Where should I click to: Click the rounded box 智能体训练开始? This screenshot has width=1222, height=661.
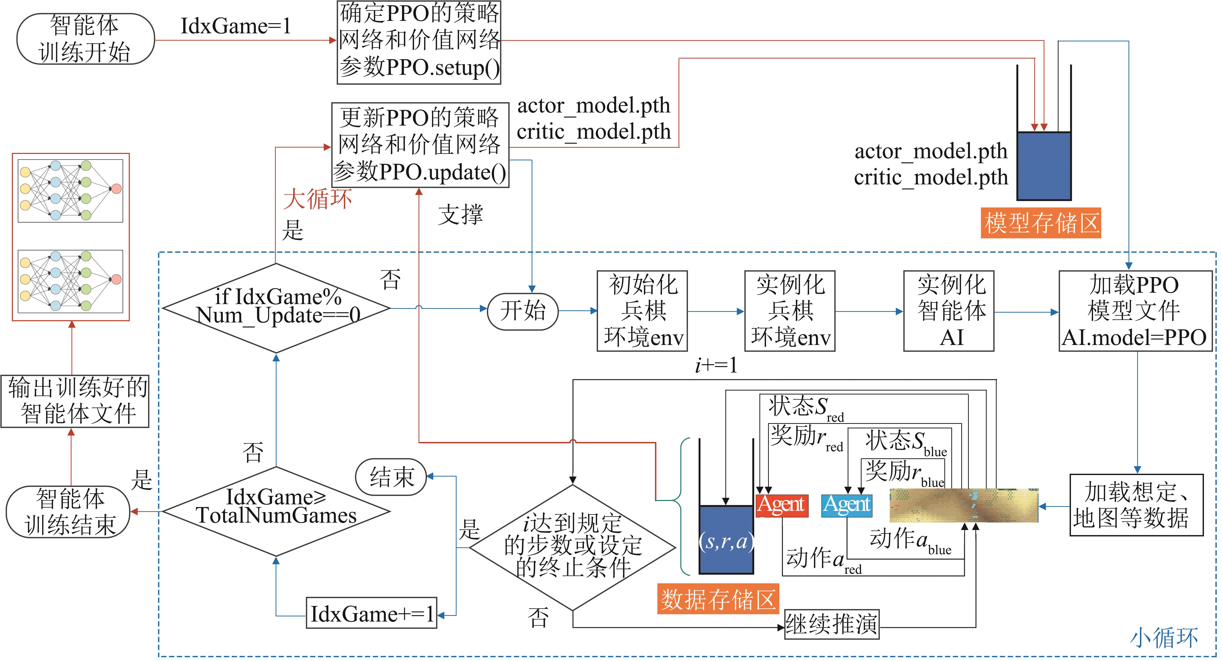pos(85,39)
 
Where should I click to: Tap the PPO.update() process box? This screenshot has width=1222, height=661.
pos(420,145)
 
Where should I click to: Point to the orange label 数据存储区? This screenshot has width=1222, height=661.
pos(718,599)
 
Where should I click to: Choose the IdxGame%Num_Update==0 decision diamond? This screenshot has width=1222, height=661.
pos(276,308)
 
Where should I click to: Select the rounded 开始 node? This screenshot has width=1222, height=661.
pos(523,311)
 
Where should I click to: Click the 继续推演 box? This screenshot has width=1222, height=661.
pos(832,624)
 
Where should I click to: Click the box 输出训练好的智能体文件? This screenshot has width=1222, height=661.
pos(75,401)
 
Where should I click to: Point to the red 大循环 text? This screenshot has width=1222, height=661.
pos(317,198)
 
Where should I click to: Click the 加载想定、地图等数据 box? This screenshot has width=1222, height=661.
pos(1136,505)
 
